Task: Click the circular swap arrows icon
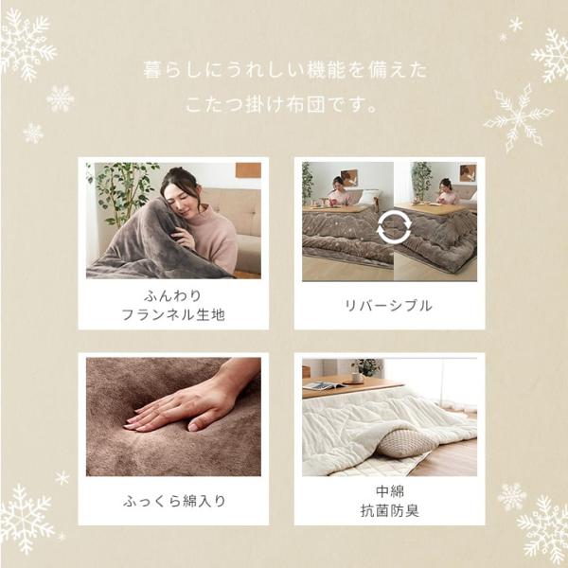pyautogui.click(x=394, y=229)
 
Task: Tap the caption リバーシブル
pyautogui.click(x=388, y=306)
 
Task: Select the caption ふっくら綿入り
pyautogui.click(x=174, y=502)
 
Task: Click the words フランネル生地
pyautogui.click(x=173, y=315)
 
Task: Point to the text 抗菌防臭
pyautogui.click(x=390, y=511)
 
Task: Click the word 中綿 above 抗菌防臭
pyautogui.click(x=390, y=491)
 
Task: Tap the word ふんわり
pyautogui.click(x=173, y=296)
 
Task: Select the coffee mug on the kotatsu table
pyautogui.click(x=358, y=378)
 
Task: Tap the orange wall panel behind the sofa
pyautogui.click(x=248, y=170)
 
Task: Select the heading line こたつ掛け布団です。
pyautogui.click(x=281, y=105)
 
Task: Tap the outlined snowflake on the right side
pyautogui.click(x=518, y=118)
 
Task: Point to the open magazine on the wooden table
pyautogui.click(x=325, y=386)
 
